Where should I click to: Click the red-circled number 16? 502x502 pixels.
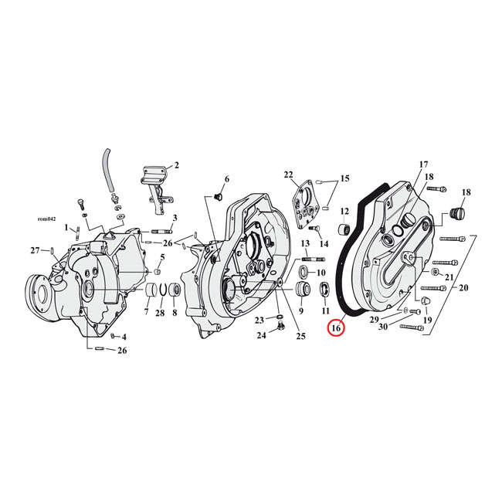click(x=336, y=328)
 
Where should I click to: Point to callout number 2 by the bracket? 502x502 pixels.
click(x=176, y=165)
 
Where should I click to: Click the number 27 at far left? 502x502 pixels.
click(x=34, y=250)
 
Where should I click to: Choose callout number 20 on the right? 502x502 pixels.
click(x=464, y=287)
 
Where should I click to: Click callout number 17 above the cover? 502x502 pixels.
click(x=422, y=165)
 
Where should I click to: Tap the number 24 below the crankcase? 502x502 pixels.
click(x=260, y=335)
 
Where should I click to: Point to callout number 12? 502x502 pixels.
click(x=344, y=211)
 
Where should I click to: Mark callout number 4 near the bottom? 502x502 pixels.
click(x=124, y=337)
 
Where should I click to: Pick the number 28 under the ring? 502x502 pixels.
click(x=160, y=313)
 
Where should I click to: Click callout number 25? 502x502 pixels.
click(x=300, y=335)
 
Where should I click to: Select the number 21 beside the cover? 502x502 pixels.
click(x=449, y=276)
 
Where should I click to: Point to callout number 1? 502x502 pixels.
click(x=67, y=228)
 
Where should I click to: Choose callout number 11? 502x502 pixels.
click(x=324, y=310)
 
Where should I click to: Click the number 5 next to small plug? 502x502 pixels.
click(x=163, y=257)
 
